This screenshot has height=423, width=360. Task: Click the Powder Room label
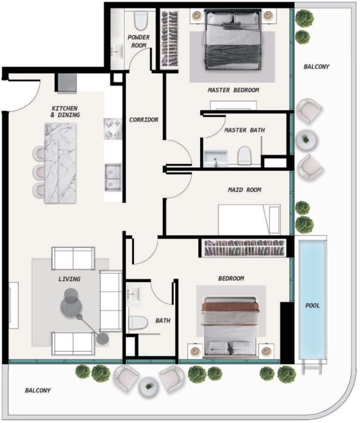tap(139, 41)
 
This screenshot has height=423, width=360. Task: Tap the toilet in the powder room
tap(140, 21)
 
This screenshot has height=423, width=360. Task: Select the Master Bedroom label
tap(233, 90)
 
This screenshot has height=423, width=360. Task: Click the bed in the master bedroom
tap(233, 39)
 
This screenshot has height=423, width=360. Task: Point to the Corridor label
tap(143, 120)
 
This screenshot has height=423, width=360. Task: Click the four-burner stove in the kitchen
tap(112, 128)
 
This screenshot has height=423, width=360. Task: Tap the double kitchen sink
tap(113, 177)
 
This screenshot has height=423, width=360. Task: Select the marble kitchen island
tap(60, 163)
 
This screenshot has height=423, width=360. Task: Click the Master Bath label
tap(245, 130)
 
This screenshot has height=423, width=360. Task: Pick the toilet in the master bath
tap(244, 155)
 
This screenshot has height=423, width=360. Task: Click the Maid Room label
tap(245, 190)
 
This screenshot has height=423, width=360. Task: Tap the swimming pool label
tap(313, 306)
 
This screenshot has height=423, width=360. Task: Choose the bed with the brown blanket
tap(231, 327)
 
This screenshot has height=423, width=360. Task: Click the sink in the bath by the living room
tap(134, 293)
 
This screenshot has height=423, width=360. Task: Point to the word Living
tap(69, 279)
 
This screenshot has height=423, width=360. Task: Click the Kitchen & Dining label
tap(65, 112)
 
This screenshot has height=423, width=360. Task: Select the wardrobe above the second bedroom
tap(244, 248)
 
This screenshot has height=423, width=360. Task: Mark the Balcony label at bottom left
tap(38, 390)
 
